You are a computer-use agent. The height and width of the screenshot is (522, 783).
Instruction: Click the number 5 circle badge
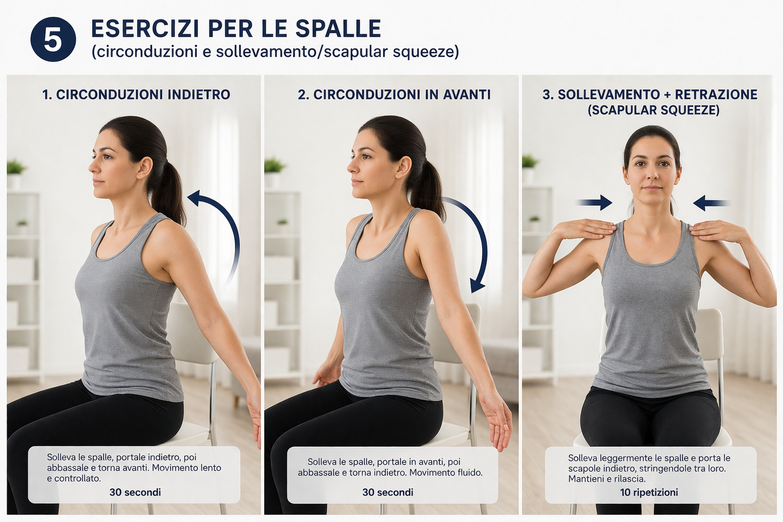pyautogui.click(x=53, y=39)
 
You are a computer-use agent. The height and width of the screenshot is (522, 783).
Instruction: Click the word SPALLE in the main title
pyautogui.click(x=338, y=29)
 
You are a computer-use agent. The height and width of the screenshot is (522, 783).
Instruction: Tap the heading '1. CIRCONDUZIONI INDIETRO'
pyautogui.click(x=136, y=94)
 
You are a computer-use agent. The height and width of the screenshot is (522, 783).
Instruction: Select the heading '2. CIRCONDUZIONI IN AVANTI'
pyautogui.click(x=394, y=94)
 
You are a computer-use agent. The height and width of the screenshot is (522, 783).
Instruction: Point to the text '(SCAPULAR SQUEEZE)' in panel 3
pyautogui.click(x=654, y=110)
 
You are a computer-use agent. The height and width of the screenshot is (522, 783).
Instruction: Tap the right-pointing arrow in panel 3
pyautogui.click(x=594, y=202)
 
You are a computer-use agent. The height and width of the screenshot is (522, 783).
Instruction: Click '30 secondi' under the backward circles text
pyautogui.click(x=135, y=492)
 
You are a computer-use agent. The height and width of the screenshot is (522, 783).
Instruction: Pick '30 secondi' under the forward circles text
pyautogui.click(x=387, y=492)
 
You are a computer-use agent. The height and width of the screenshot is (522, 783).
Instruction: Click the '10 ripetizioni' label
pyautogui.click(x=649, y=492)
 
